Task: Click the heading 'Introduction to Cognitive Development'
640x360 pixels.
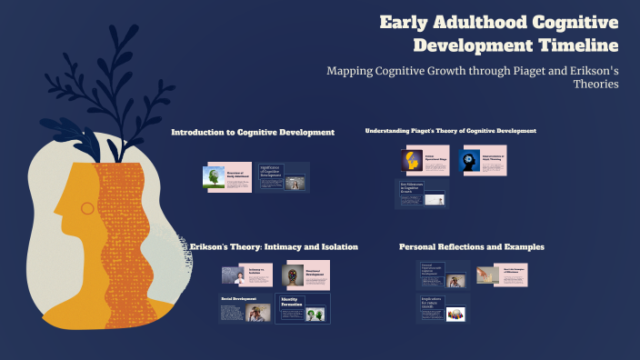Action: coord(253,133)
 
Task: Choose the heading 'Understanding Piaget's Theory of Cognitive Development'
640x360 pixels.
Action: coord(450,131)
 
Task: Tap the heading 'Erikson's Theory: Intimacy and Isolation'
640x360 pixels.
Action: coord(274,246)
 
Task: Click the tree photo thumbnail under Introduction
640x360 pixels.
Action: coord(215,178)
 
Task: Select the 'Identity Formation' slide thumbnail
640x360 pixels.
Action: coord(303,308)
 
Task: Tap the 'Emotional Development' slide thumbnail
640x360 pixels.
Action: coord(305,275)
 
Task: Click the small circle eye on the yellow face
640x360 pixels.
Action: coord(87,208)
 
